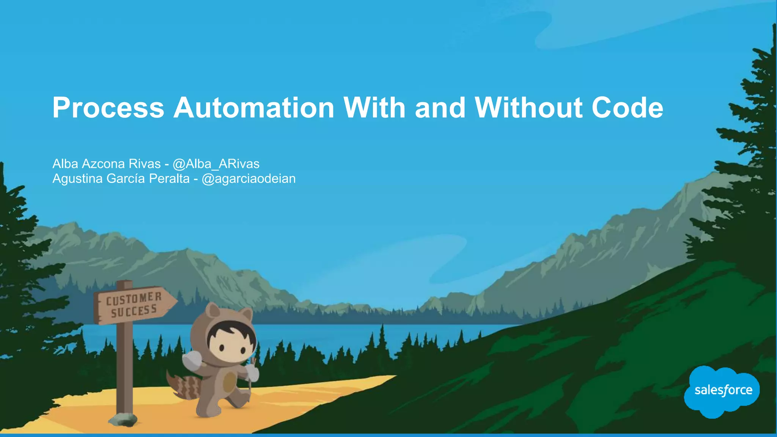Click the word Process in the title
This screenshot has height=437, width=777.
pos(108,108)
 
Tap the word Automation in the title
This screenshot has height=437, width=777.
pos(253,108)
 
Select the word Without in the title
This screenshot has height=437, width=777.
pos(528,108)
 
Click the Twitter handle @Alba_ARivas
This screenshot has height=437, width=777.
pos(216,164)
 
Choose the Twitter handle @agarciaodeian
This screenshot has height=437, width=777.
pos(249,179)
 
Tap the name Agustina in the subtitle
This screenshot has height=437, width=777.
pos(78,179)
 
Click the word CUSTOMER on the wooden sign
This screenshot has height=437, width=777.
pos(134,299)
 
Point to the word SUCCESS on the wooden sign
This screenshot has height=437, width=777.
pos(134,311)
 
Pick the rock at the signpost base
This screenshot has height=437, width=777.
pos(123,419)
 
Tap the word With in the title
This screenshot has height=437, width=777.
pos(374,108)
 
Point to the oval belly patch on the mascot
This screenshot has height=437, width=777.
pos(229,382)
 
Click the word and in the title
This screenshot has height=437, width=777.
pos(440,108)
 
